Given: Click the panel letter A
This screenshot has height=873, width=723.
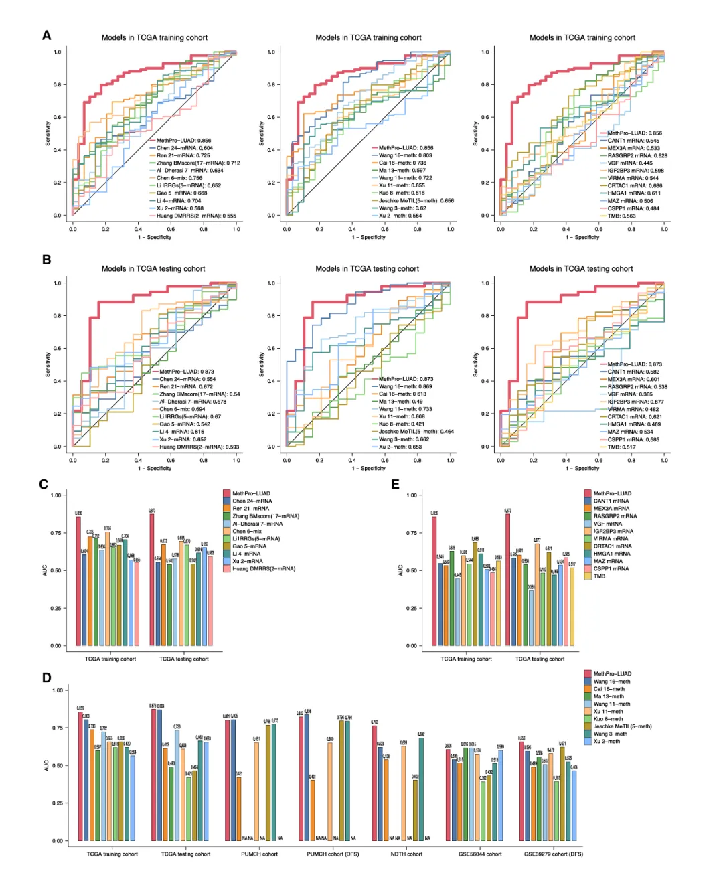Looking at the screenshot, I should [46, 35].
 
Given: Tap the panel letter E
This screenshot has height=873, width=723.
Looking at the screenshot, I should [395, 484].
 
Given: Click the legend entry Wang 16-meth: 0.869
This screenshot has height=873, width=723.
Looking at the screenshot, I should [405, 386].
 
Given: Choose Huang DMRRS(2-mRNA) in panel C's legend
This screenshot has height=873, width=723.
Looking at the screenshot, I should [263, 569].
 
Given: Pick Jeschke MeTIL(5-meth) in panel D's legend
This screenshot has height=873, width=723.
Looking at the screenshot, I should [622, 726].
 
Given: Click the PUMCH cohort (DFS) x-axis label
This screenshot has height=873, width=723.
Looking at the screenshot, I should [333, 854].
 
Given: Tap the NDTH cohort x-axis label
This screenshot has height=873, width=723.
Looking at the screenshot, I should [406, 854].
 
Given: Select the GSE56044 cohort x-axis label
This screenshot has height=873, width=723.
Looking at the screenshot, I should [479, 854].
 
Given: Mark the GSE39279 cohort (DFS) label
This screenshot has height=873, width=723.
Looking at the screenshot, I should [553, 854].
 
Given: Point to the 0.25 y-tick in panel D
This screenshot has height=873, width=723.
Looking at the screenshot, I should [58, 803].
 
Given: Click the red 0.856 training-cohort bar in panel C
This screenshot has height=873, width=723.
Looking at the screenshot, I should [78, 581].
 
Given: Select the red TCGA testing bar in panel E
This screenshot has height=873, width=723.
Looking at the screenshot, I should [508, 580].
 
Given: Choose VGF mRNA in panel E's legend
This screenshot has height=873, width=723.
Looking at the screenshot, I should [607, 524].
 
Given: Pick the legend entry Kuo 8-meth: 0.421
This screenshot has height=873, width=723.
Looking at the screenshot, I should [402, 424].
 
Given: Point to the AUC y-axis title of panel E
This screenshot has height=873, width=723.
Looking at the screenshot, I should [401, 570].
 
